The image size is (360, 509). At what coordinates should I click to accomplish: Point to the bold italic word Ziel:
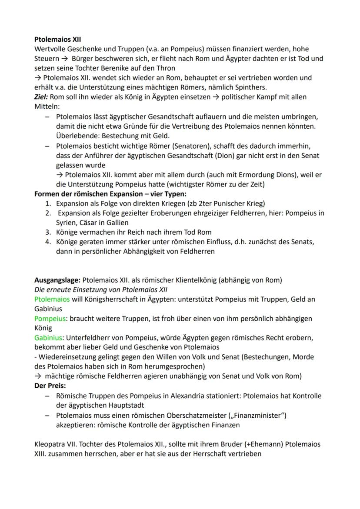[x=43, y=97]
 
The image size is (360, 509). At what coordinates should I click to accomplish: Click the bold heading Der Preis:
[x=50, y=386]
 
